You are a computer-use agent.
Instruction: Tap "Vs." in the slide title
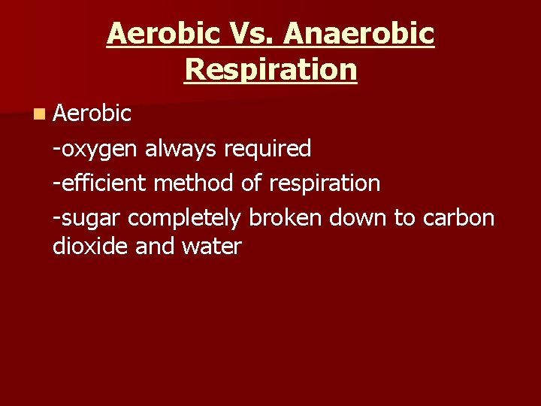tap(258, 34)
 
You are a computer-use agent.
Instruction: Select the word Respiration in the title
tap(270, 69)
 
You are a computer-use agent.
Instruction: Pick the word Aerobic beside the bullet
tap(92, 114)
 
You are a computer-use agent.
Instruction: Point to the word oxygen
tap(98, 149)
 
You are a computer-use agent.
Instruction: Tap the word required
tap(267, 149)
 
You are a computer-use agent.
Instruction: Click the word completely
tap(184, 217)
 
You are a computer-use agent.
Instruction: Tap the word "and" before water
tap(153, 246)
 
